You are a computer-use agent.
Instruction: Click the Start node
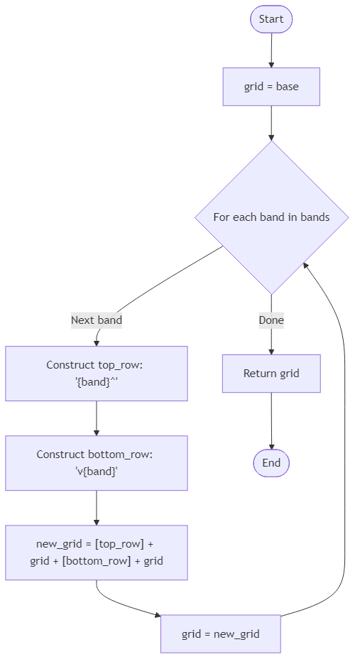pos(271,19)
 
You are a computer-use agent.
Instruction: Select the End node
pos(271,463)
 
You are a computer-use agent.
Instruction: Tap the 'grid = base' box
pos(271,87)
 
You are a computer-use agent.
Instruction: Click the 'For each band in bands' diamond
pos(271,217)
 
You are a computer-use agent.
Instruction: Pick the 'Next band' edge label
pos(97,320)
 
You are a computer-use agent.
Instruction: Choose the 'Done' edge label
pos(271,320)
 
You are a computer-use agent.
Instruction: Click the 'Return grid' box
pos(271,374)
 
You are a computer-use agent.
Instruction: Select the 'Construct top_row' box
pos(97,374)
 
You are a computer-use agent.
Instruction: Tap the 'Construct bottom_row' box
pos(97,463)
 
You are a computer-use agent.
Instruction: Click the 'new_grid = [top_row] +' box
pos(97,553)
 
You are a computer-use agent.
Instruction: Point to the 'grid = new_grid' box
pos(221,633)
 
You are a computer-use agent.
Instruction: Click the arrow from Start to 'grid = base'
pos(271,50)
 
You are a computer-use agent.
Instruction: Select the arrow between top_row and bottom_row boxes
pos(97,418)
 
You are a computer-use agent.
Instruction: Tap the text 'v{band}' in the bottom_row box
pos(97,472)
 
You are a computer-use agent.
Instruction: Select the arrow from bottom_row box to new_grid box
pos(97,508)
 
